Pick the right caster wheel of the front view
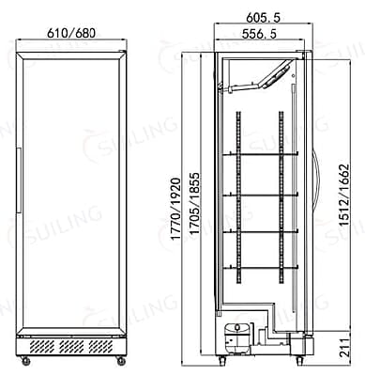point(119,360)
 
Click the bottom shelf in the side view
point(260,267)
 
